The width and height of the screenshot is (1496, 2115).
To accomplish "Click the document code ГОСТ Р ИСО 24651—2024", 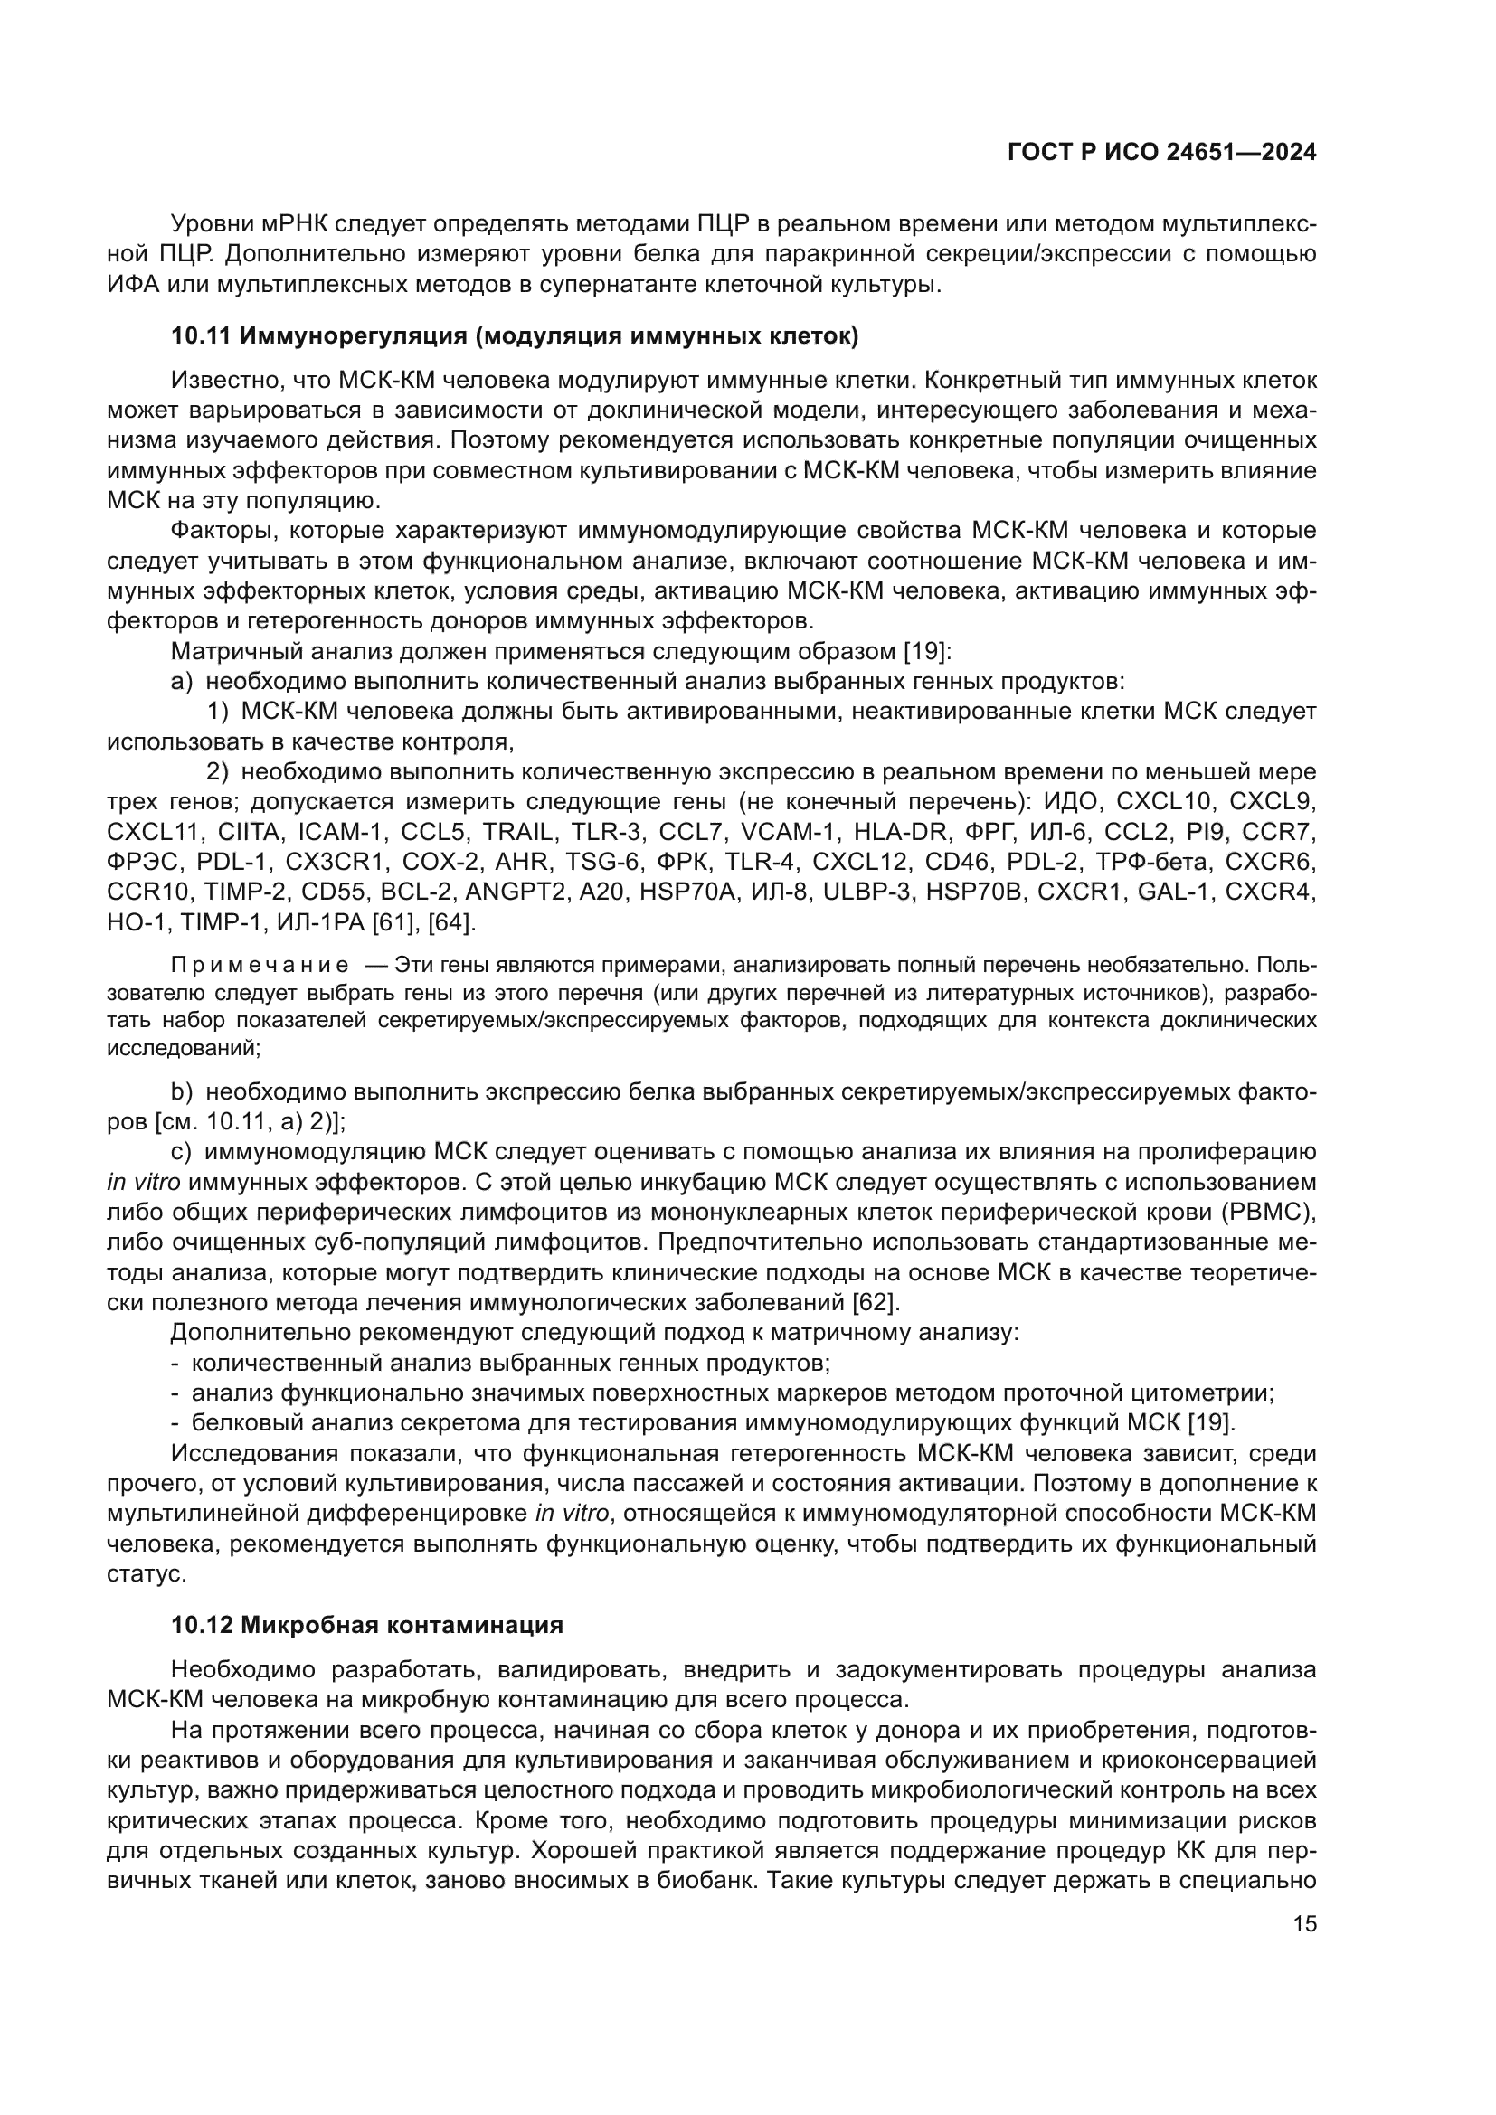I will tap(1161, 153).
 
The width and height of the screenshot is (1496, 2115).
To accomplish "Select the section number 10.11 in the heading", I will tap(202, 337).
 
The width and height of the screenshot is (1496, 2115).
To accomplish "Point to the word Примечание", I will tap(260, 966).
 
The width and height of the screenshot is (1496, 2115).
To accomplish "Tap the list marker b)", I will tap(182, 1092).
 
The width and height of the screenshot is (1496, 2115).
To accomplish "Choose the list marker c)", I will tap(181, 1152).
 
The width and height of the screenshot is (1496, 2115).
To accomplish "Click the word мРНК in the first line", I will tap(294, 223).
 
